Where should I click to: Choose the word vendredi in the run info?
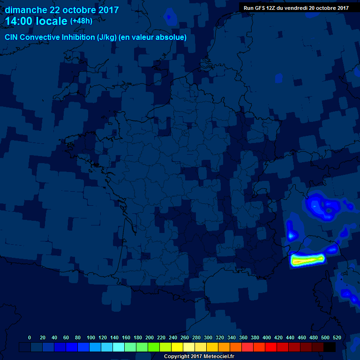point(297,7)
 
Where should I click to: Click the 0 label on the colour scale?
point(30,337)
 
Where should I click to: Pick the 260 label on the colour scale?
point(185,337)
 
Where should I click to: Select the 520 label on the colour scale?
point(337,337)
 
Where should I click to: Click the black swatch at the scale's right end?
point(330,347)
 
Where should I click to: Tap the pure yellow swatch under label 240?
point(177,347)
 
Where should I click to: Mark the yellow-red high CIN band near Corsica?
point(307,259)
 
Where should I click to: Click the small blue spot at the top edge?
point(170,18)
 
